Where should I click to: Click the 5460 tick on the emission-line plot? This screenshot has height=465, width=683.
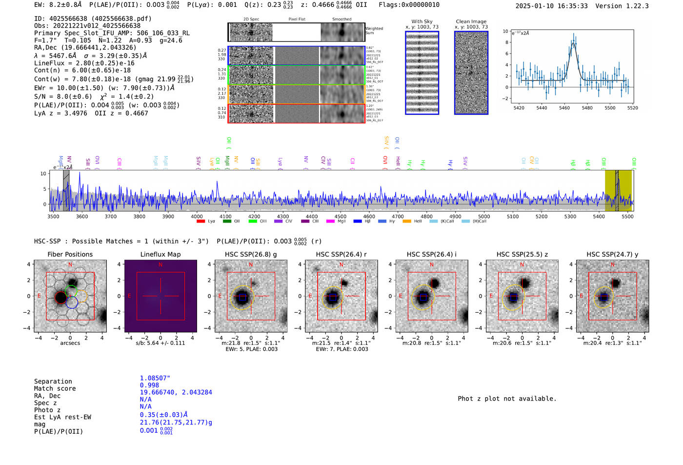click(564, 108)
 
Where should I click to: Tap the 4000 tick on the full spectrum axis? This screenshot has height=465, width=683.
click(197, 216)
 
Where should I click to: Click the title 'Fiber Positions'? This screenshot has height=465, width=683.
click(70, 254)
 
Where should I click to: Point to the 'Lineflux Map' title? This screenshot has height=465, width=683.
click(160, 254)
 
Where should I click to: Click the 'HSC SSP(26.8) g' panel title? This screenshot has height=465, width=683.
click(250, 254)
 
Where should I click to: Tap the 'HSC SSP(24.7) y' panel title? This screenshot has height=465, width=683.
click(612, 254)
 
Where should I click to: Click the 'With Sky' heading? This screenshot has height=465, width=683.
click(422, 21)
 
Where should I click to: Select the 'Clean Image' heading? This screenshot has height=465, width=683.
click(471, 21)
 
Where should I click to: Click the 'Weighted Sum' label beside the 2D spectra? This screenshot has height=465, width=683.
click(374, 31)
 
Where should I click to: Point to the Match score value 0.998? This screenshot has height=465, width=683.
click(149, 385)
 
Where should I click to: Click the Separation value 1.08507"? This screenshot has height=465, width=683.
click(155, 378)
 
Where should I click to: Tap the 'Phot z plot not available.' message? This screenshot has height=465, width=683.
click(507, 399)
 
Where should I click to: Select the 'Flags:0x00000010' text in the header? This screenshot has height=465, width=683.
click(409, 5)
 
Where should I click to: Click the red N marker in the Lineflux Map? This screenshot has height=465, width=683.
click(161, 265)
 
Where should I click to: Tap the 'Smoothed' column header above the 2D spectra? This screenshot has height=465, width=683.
click(341, 20)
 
